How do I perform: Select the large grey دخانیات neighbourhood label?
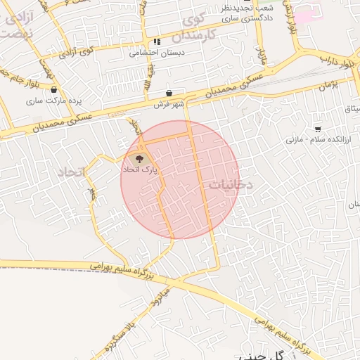(x=230, y=184)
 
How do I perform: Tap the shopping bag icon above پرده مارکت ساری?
(x=54, y=89)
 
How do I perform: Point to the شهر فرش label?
(x=168, y=105)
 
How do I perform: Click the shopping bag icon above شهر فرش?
(x=168, y=93)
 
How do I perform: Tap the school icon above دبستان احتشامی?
(x=156, y=41)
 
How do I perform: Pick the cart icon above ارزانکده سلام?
(x=318, y=129)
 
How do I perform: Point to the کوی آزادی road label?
(x=76, y=52)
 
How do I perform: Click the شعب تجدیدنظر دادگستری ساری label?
(x=247, y=14)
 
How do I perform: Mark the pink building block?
(x=305, y=12)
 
